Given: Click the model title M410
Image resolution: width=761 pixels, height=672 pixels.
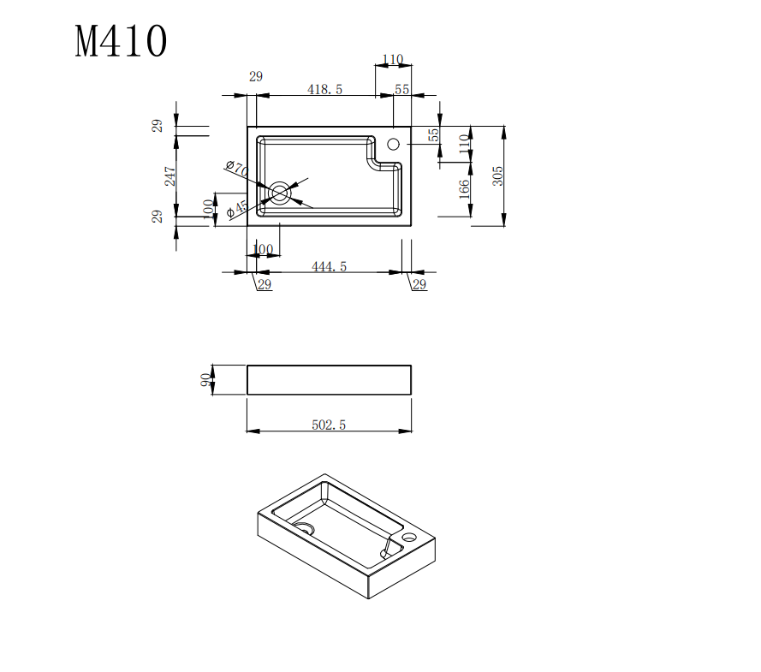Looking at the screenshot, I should [121, 42].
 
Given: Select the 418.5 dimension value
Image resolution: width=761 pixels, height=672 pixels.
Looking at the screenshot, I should [324, 90].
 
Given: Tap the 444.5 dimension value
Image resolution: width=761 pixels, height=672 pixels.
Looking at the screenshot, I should [329, 267].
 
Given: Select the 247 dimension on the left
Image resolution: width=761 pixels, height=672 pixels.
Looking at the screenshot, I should [170, 175].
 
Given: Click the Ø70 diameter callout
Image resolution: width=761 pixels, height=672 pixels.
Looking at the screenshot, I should [236, 169].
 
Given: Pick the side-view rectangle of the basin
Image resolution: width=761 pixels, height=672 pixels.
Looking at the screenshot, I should [329, 380].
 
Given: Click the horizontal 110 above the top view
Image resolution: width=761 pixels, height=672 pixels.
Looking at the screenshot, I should [392, 60].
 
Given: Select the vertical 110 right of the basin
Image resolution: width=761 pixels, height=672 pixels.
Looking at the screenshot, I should [465, 143].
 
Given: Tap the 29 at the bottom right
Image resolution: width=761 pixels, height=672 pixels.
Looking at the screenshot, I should [419, 285].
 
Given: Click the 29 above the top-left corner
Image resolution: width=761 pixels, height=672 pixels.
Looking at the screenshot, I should [256, 77].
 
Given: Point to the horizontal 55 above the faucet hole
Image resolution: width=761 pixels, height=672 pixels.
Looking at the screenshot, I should [402, 90].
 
